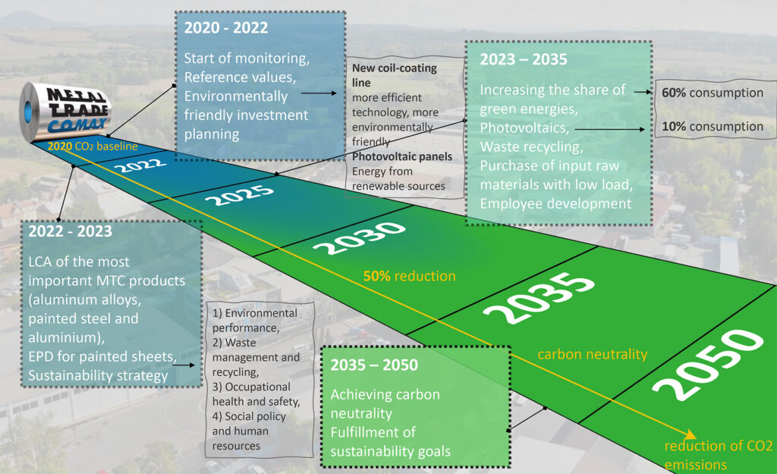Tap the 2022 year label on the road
[140, 165]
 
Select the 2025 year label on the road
[239, 195]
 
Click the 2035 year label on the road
[539, 298]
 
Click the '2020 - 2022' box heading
[226, 28]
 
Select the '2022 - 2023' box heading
[71, 231]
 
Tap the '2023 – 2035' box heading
[524, 59]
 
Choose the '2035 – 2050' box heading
[374, 365]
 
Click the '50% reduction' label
[409, 276]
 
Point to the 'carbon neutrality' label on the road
[593, 354]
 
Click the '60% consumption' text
[713, 93]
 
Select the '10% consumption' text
[713, 126]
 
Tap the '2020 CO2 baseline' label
[93, 147]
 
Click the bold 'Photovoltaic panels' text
[402, 156]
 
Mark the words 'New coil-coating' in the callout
[395, 68]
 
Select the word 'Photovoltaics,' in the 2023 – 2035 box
[524, 128]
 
